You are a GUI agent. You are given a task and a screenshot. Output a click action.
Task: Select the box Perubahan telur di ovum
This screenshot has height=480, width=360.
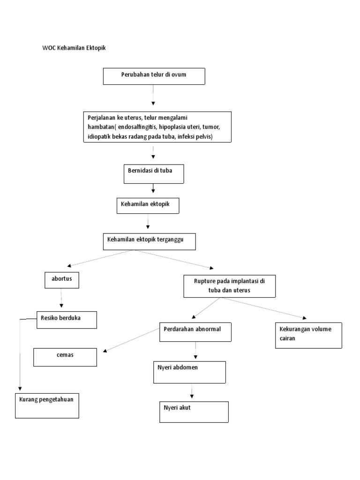154,76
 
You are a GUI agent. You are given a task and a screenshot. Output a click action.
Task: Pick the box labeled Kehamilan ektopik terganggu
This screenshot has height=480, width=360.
149,242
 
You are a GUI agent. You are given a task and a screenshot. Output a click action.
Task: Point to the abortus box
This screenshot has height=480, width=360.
61,280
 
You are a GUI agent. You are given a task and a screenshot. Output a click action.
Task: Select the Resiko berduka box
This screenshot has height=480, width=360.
67,320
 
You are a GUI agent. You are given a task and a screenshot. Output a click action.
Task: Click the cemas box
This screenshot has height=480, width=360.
65,357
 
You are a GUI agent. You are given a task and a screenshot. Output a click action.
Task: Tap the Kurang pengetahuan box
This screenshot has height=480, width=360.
47,405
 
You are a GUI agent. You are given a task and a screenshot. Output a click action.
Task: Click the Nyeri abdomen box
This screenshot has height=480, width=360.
190,372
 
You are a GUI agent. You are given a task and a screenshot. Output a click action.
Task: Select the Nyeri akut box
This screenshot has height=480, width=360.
193,412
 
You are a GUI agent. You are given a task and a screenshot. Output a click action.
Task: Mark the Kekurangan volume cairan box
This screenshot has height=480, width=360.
308,335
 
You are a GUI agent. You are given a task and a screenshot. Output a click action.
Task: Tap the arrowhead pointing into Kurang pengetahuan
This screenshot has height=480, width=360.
20,388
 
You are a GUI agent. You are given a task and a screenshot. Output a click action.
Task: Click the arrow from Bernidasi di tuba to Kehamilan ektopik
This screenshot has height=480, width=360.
153,189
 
